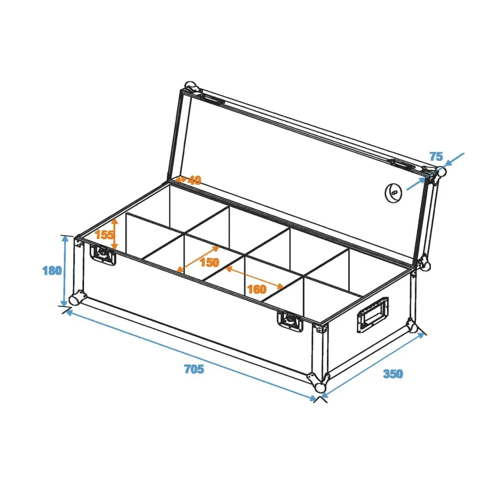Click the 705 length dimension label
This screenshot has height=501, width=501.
194,369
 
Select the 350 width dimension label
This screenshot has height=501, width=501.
393,374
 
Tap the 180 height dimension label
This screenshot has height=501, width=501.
52,271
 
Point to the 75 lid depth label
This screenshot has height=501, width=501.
436,156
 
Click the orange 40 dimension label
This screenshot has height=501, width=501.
194,180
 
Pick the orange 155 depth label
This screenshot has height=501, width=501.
104,235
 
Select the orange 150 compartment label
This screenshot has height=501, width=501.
209,263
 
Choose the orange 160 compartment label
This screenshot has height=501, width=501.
257,289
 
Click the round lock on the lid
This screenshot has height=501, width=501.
393,193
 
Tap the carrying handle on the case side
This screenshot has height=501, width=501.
373,315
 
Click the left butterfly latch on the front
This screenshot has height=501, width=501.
103,255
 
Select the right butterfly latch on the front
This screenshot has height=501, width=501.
290,321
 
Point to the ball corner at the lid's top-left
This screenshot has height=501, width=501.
191,87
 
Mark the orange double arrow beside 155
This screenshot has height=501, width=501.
115,234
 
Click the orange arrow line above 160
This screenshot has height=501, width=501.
255,278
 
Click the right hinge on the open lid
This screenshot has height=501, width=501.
401,164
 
